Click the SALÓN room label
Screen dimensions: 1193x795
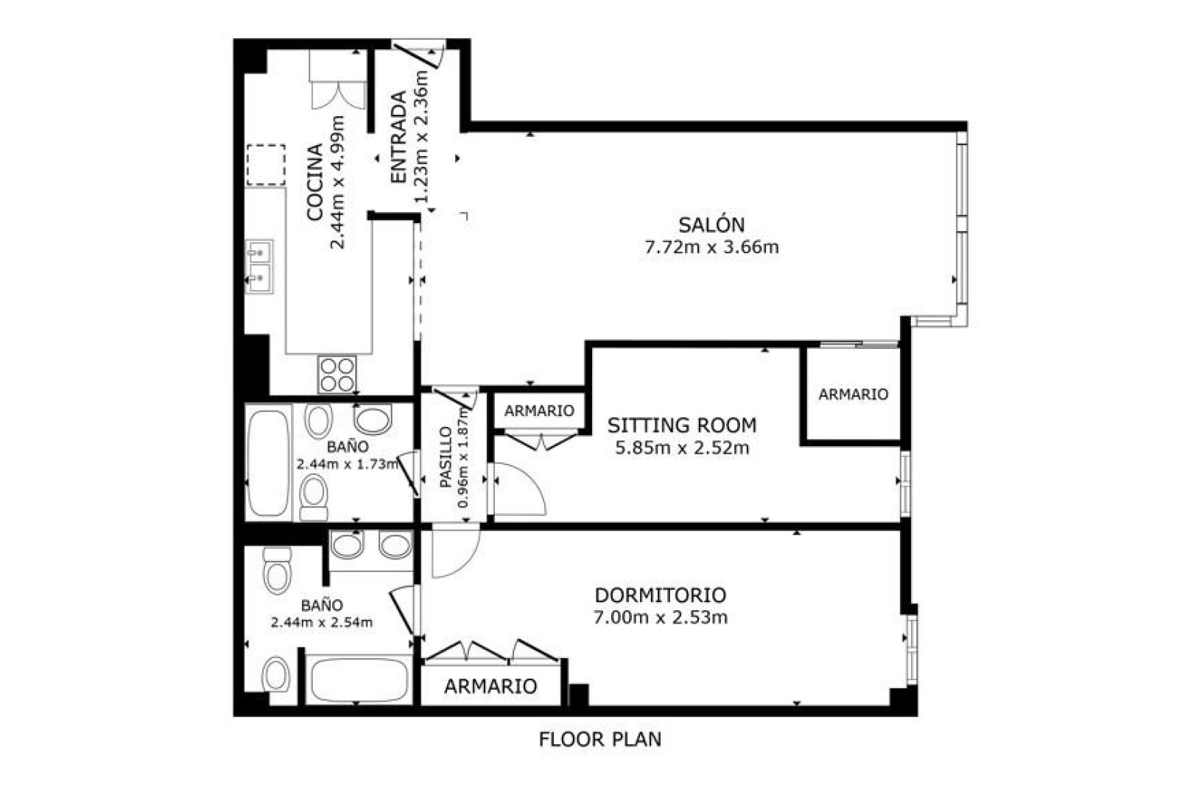pos(711,225)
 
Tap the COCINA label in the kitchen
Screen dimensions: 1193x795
pos(315,182)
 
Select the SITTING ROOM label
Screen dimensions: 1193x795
pos(682,425)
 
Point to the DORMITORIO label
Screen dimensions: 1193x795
pos(661,595)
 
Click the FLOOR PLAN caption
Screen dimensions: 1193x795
pos(600,740)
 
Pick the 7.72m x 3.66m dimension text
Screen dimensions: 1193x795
pos(712,247)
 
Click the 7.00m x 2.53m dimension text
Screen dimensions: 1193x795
pos(661,618)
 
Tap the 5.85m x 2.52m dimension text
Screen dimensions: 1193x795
pos(682,448)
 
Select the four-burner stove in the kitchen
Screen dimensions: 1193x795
pos(337,375)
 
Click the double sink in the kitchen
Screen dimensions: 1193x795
pos(259,266)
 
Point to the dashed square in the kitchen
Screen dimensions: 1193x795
pos(266,165)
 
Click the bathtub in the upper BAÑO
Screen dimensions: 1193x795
pos(268,463)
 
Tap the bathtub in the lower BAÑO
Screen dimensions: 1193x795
pos(359,680)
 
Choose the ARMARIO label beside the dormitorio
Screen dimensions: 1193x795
pos(490,686)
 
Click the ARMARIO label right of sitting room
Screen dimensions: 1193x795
pos(854,394)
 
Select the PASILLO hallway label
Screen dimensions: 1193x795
pos(446,457)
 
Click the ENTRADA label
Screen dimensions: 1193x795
pos(399,138)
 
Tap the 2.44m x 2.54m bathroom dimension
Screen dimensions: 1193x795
pos(322,622)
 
